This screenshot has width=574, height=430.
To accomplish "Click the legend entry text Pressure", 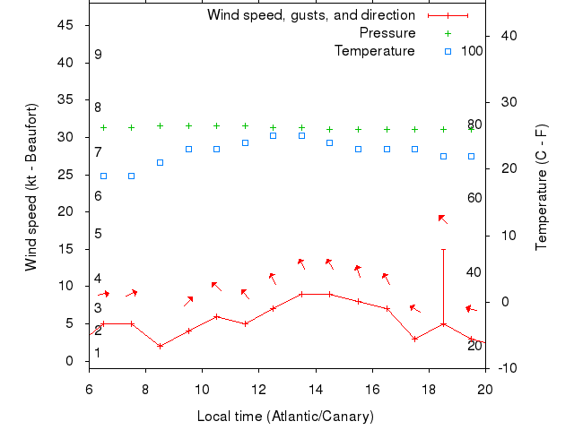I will pyautogui.click(x=387, y=33).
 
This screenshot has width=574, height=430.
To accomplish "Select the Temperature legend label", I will pyautogui.click(x=375, y=51).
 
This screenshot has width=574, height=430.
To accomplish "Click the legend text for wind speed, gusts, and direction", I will pyautogui.click(x=311, y=15).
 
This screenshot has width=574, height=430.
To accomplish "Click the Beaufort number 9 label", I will pyautogui.click(x=98, y=55).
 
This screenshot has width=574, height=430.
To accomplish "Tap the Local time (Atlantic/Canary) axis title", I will pyautogui.click(x=286, y=417).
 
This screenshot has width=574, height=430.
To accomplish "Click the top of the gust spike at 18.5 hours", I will pyautogui.click(x=443, y=249).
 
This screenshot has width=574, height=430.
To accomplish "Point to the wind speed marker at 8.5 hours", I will pyautogui.click(x=160, y=346).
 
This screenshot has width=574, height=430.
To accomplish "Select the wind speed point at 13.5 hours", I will pyautogui.click(x=301, y=294).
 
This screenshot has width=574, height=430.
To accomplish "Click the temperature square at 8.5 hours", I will pyautogui.click(x=160, y=162).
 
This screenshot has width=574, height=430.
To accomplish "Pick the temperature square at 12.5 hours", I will pyautogui.click(x=273, y=135).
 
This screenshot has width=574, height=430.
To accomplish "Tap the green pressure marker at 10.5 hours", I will pyautogui.click(x=216, y=126).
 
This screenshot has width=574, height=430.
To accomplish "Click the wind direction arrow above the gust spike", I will pyautogui.click(x=442, y=219).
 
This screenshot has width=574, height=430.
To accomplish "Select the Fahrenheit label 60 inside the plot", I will pyautogui.click(x=474, y=197).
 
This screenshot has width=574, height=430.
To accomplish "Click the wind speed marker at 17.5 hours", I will pyautogui.click(x=414, y=339).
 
